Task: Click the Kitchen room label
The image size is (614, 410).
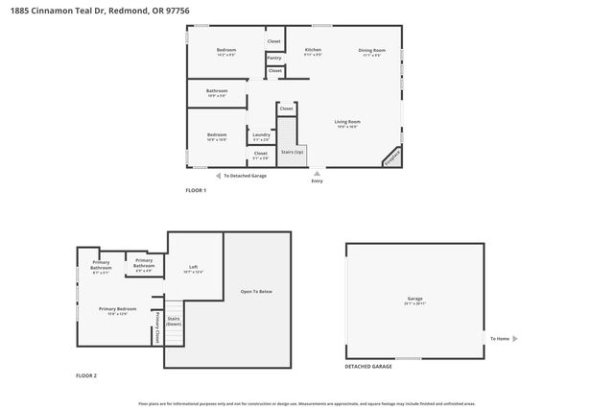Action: point(313,50)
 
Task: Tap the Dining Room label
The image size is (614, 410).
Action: point(371,50)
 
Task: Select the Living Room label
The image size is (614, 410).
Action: point(347,122)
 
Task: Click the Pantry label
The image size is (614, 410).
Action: point(274,58)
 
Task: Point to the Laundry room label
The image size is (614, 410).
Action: point(261,135)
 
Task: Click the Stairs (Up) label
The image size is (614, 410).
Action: point(292,152)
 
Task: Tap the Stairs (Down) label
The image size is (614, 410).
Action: point(174,321)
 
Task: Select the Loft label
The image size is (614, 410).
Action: point(193,268)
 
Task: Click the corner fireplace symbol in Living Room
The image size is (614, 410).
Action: point(393,157)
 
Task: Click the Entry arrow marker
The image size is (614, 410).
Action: point(318,176)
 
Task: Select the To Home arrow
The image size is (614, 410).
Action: point(515,338)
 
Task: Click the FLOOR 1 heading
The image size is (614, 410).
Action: point(196,190)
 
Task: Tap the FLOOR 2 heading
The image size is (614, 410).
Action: point(86,375)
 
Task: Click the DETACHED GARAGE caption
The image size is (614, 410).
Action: point(368,367)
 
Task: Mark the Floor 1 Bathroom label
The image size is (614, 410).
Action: point(217,92)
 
